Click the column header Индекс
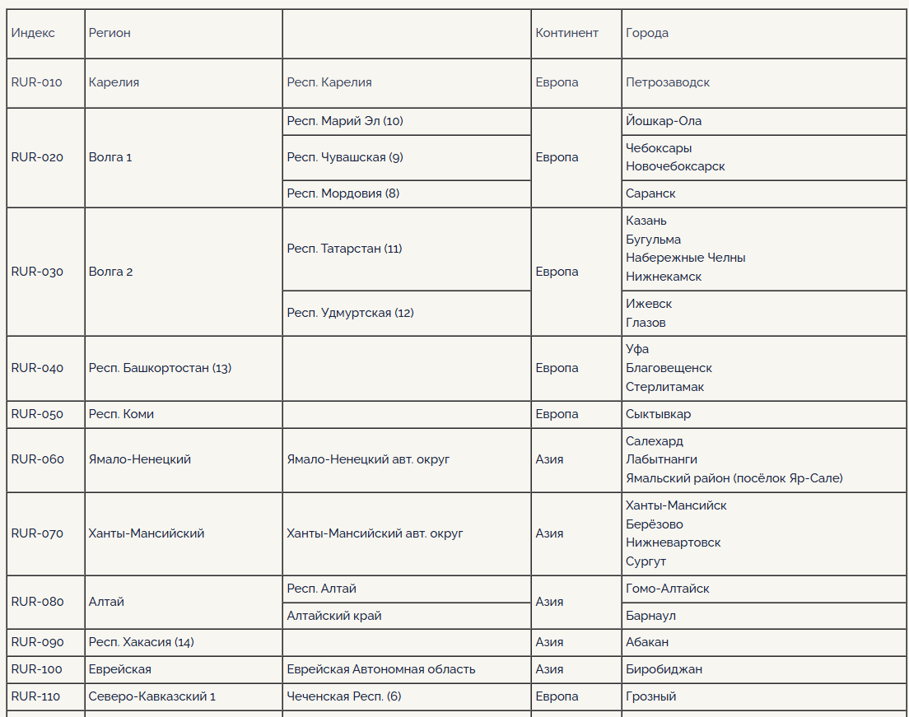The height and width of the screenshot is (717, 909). [x=33, y=33]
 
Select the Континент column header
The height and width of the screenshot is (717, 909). [x=566, y=33]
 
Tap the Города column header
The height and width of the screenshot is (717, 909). [x=647, y=33]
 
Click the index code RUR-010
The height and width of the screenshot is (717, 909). [x=36, y=82]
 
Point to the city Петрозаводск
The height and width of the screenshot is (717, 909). [x=667, y=82]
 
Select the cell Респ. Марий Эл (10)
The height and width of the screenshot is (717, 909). [x=345, y=121]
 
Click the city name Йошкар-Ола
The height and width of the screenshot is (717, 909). [x=664, y=121]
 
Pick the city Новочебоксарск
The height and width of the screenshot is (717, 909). [x=675, y=166]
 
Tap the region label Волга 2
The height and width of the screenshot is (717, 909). [x=110, y=272]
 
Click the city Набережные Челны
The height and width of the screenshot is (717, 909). [x=685, y=258]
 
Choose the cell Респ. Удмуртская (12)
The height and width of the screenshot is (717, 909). [x=350, y=313]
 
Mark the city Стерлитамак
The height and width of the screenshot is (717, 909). [x=664, y=387]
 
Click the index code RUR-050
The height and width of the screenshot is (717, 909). [x=36, y=414]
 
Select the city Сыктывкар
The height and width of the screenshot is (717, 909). [x=658, y=414]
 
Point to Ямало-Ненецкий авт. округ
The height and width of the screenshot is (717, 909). [x=368, y=459]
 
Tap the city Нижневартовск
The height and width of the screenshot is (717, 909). [x=673, y=542]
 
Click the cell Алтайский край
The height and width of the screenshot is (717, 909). [x=334, y=616]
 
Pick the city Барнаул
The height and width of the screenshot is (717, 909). [x=650, y=616]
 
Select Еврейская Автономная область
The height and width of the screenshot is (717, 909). [x=380, y=669]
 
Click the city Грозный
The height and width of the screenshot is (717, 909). [x=650, y=696]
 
